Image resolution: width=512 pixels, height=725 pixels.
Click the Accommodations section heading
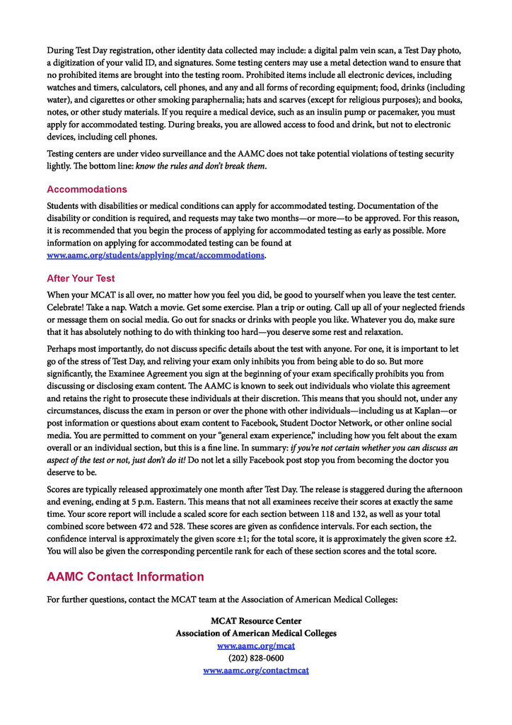tap(87, 189)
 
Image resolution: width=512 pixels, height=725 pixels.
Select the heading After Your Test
tap(81, 278)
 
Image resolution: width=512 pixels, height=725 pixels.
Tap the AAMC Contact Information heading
tap(125, 576)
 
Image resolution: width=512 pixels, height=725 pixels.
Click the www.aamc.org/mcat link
tap(256, 646)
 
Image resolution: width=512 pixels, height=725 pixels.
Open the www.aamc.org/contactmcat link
tap(256, 670)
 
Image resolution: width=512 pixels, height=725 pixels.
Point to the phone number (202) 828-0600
tap(256, 658)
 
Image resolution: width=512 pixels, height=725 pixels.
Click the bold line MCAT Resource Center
tap(256, 621)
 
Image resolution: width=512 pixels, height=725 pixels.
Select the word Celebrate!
tap(67, 307)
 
